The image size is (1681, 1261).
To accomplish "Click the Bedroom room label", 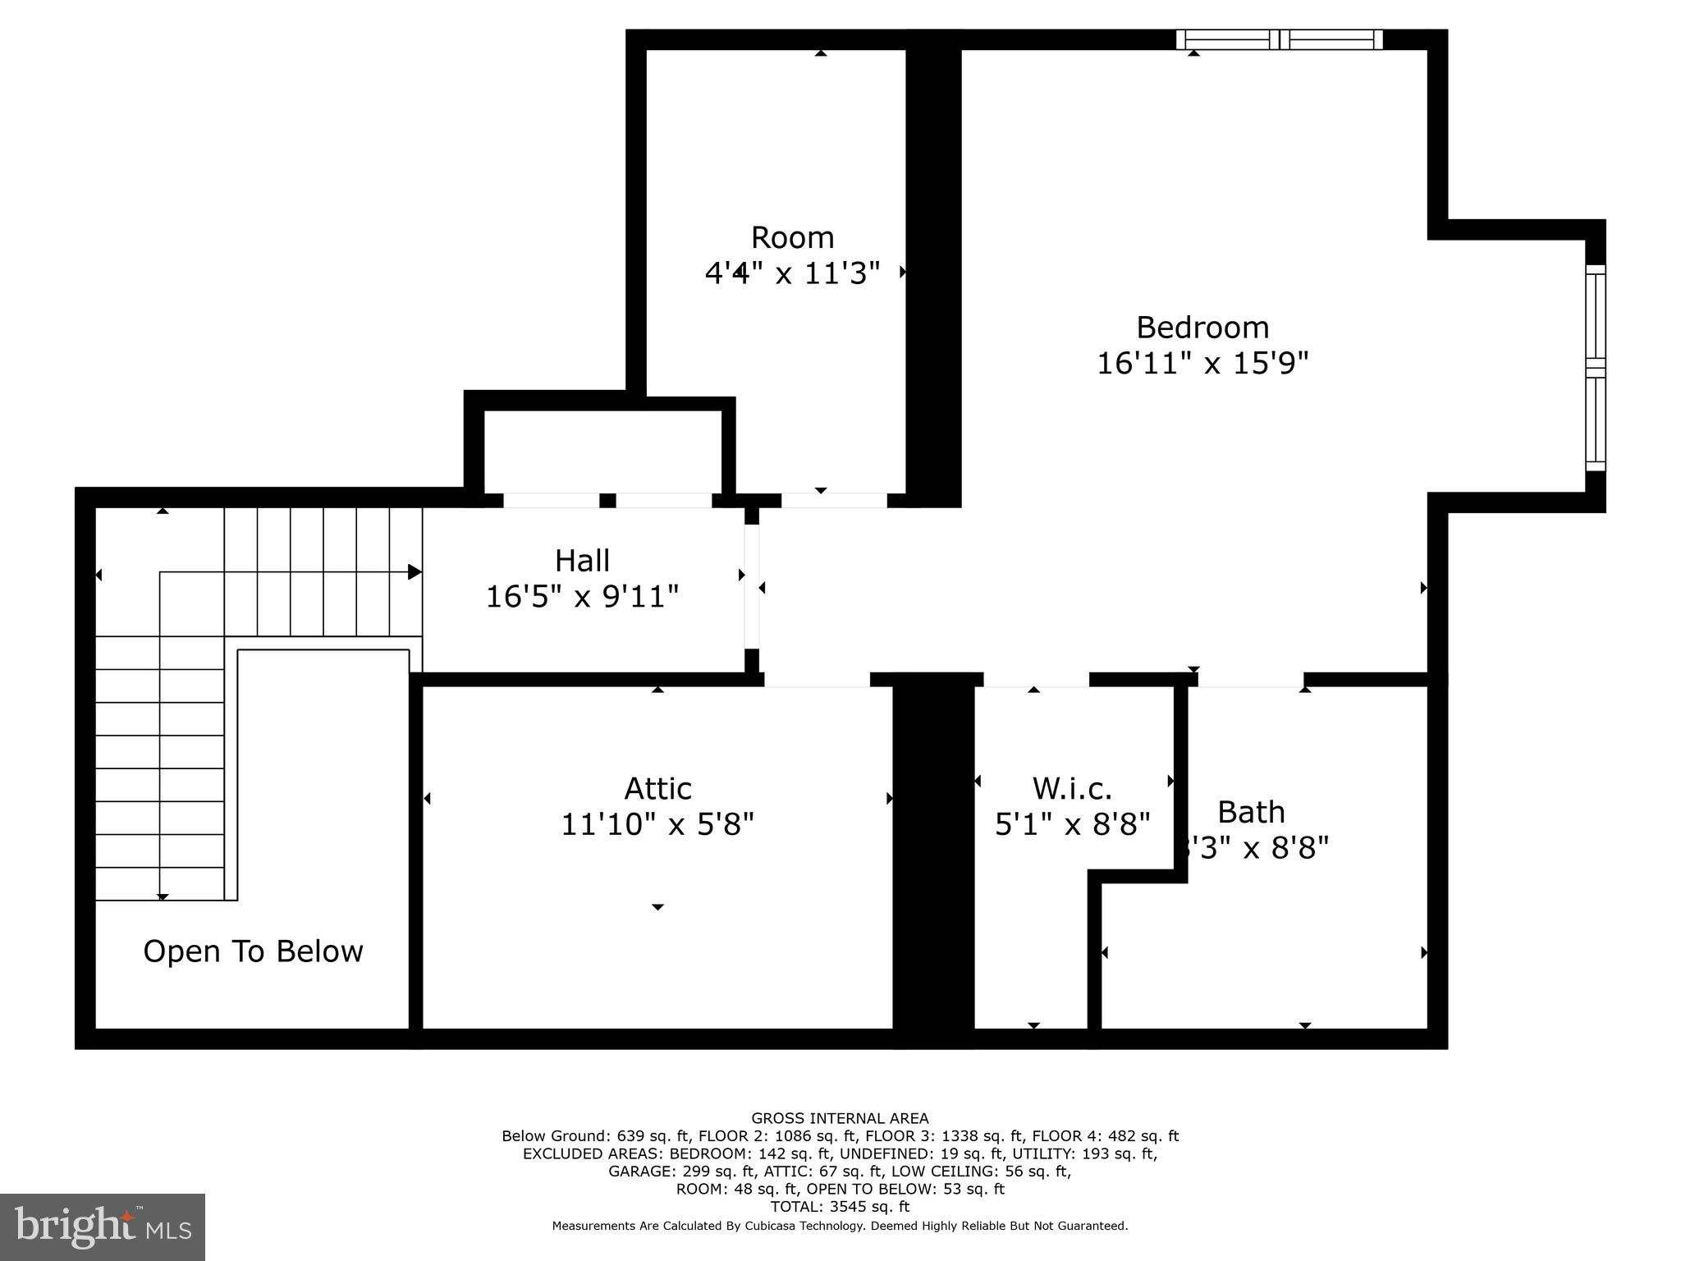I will coord(1202,328).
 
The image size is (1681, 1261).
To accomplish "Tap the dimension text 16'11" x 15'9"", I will coord(1202,363).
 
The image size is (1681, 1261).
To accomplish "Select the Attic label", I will coord(657,788).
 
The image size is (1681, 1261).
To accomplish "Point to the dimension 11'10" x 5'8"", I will coord(657,823).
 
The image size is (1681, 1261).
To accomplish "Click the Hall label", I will coord(582,561).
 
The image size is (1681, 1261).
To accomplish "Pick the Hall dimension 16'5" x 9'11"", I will coord(582,597).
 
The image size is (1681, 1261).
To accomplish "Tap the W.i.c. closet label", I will coord(1072,788).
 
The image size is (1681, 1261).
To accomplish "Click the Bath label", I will coord(1250,812).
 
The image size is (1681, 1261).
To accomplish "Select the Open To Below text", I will coord(253,951).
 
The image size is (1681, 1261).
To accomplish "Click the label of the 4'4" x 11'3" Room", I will coord(792,237).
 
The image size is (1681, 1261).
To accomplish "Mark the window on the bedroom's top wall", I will coord(1279,39).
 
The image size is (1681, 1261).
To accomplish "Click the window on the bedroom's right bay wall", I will coord(1595,367).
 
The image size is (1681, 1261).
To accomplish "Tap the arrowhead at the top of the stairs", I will coord(415,572).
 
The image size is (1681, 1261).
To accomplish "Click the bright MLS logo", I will coord(103,1227).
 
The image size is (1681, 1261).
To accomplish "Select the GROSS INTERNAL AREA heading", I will coord(840,1118).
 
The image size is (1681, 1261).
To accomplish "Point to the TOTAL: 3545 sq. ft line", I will coord(840,1207).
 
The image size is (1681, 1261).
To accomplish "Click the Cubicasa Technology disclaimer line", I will coord(840,1226).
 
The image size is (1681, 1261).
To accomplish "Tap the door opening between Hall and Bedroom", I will coord(752,587).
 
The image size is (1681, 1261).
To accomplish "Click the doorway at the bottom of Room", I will coord(833,500).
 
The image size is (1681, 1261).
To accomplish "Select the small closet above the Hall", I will coord(602,451).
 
